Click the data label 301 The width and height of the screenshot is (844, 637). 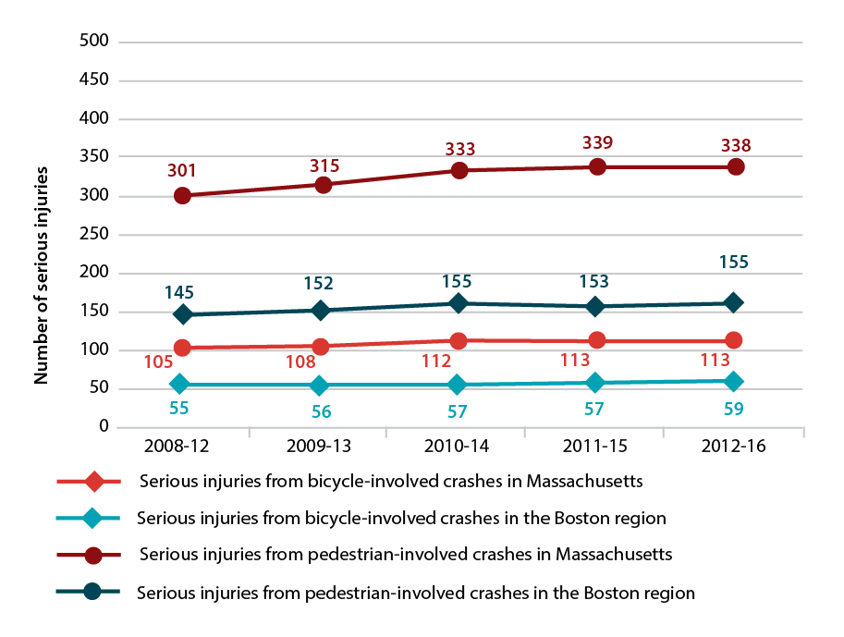182,171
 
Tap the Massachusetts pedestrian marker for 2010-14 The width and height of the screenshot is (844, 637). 459,170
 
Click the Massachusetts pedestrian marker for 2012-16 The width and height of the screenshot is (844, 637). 736,166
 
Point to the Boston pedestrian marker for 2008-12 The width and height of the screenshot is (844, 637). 182,314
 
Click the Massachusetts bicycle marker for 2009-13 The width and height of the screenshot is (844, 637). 321,347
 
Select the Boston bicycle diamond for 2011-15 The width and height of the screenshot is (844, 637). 596,382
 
